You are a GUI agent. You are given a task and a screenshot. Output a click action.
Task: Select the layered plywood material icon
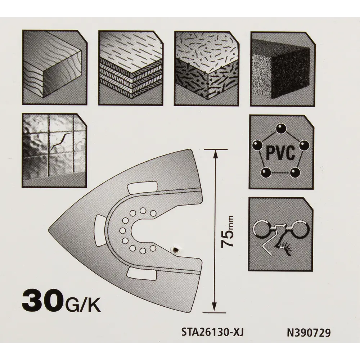point(131,68)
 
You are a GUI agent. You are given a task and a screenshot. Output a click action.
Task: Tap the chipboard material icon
point(207,68)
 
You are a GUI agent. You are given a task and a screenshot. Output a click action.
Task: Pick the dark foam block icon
point(283,69)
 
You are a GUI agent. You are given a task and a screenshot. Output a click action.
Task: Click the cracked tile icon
point(54,150)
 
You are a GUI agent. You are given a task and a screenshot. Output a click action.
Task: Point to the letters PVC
point(280,152)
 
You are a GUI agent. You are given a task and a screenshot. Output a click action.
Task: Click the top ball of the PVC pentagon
point(280,129)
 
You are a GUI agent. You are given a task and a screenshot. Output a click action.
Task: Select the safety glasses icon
point(281,234)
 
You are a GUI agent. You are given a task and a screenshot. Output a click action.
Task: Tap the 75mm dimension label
point(227,231)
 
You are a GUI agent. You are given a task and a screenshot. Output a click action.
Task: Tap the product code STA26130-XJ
point(212,332)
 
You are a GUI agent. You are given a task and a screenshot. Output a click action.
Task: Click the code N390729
point(309,333)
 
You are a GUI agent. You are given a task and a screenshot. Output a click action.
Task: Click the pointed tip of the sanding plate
point(49,229)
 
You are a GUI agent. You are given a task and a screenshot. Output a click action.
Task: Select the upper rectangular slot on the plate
point(142,187)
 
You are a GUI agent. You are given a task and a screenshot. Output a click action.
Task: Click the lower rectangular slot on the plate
point(141,274)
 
